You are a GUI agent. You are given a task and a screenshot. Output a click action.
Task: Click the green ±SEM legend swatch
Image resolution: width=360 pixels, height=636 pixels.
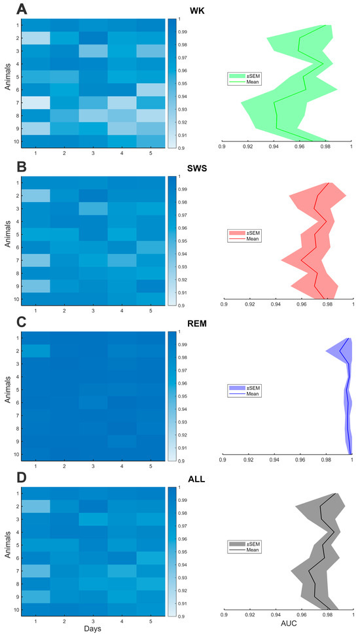point(236,76)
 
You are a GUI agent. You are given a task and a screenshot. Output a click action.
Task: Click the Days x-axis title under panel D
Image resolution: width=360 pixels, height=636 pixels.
point(91,627)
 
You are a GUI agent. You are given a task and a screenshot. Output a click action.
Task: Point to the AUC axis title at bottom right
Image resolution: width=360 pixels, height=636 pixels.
point(288,628)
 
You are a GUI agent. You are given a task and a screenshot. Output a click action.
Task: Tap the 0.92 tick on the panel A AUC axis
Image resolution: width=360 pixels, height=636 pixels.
point(248,147)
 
